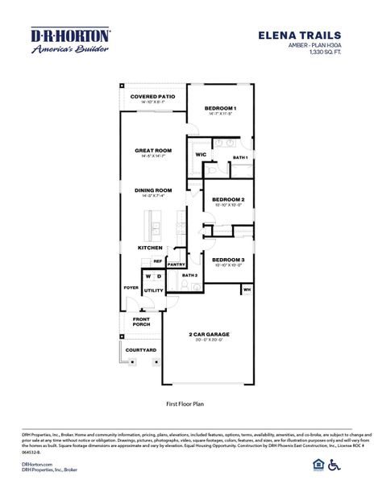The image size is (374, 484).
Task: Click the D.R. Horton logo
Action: point(70,40)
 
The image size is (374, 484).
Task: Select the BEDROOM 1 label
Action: point(219,108)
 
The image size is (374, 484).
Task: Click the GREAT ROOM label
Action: point(153,151)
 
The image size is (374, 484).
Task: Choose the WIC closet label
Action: point(201,153)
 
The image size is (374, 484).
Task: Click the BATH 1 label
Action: point(239,157)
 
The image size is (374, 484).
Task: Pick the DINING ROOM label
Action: point(153,190)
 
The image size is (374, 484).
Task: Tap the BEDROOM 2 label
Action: point(228,199)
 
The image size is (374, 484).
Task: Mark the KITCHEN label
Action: point(150,248)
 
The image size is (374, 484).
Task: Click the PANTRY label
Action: point(177,265)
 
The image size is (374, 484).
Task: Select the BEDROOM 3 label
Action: point(228,260)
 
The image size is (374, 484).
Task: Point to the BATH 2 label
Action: point(190,276)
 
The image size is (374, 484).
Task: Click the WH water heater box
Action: point(247,288)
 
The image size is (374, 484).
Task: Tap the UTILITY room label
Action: point(154,290)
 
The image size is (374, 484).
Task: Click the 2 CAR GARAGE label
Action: point(210,334)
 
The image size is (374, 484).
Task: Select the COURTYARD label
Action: point(141,350)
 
